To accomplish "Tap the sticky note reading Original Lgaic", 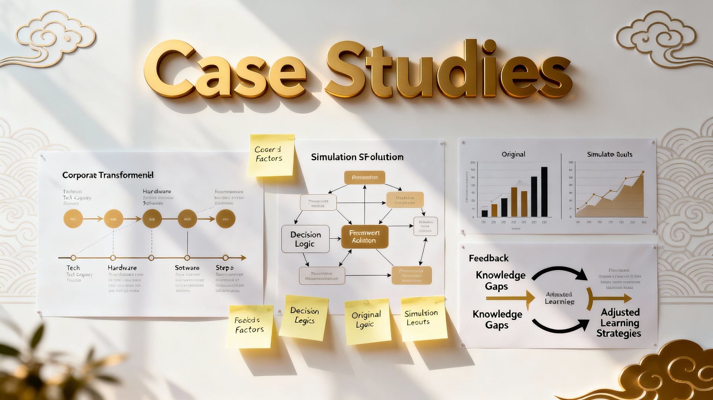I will (367, 321).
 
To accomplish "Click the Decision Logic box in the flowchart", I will (305, 239).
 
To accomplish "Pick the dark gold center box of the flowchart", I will (364, 237).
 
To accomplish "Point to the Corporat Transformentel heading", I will (108, 175).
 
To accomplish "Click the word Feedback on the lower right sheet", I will (488, 258).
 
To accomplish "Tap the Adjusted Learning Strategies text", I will (619, 323).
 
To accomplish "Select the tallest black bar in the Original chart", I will (544, 192).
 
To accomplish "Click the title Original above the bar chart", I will (513, 154).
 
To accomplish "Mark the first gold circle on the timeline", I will (73, 219).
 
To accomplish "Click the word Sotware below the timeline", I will (187, 268).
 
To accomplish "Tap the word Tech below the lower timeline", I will (73, 268).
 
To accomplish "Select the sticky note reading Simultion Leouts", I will (423, 318).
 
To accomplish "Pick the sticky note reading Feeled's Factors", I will (249, 325).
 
